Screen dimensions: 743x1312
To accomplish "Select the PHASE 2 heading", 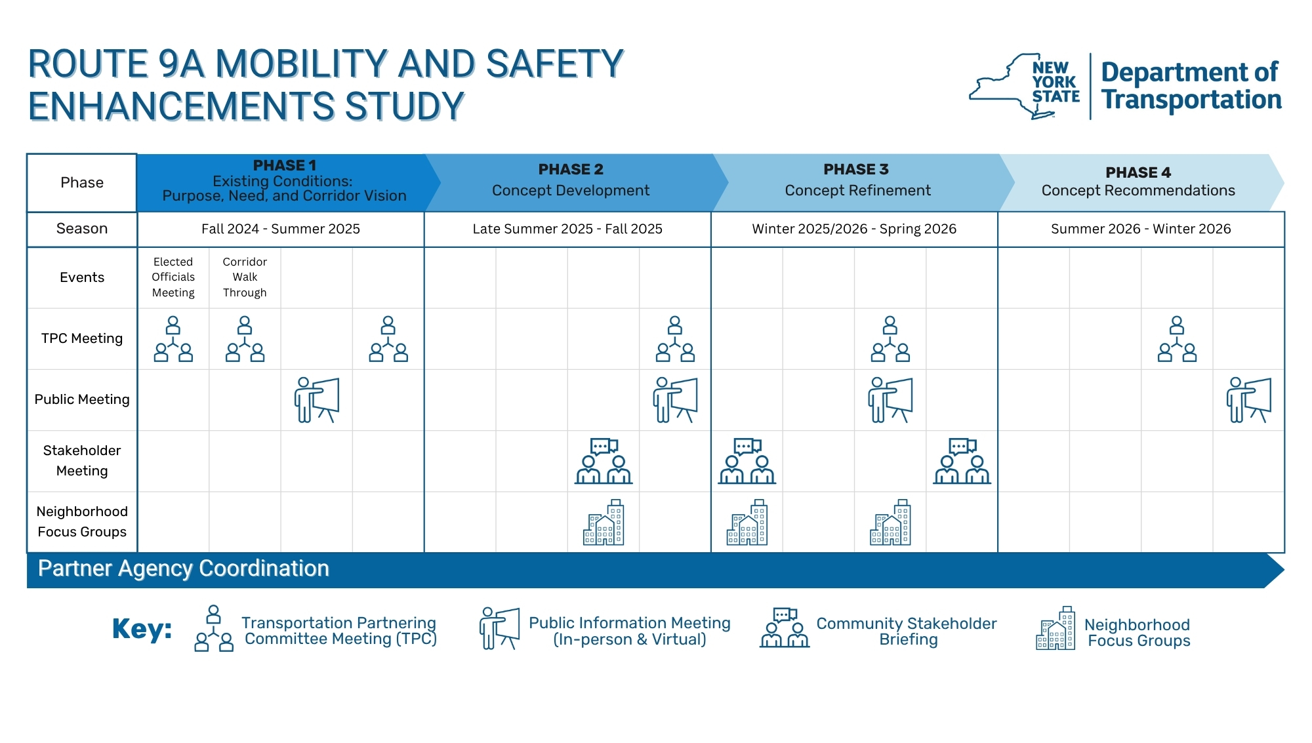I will [x=570, y=169].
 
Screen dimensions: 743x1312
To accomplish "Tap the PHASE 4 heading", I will [x=1138, y=172].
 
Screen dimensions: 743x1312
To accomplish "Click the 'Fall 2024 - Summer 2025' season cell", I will [x=281, y=229].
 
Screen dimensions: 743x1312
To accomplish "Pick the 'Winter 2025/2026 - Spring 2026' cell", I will [x=854, y=229].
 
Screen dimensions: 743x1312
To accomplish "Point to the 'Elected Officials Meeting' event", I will [x=173, y=277].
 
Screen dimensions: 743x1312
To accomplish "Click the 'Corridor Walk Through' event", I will [x=245, y=277].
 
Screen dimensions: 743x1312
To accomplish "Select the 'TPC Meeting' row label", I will [x=82, y=338].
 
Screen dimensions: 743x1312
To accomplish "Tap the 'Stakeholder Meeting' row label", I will [x=82, y=460].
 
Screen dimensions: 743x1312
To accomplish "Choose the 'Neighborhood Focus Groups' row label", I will [x=82, y=521].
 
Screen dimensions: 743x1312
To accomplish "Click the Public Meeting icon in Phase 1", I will [x=317, y=399].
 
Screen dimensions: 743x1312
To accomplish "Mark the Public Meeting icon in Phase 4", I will [x=1248, y=399].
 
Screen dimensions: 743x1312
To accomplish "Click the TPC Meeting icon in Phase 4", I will [x=1177, y=339].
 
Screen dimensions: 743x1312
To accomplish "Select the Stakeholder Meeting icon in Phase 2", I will [x=604, y=461].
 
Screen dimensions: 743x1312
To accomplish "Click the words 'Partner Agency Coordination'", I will [x=184, y=569].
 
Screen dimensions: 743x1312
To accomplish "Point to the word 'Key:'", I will [x=142, y=629].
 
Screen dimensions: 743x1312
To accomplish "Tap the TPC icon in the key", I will [x=214, y=628].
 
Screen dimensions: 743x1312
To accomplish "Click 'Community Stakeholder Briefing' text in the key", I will [x=907, y=631].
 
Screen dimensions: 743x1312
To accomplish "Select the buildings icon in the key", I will [x=1056, y=628].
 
